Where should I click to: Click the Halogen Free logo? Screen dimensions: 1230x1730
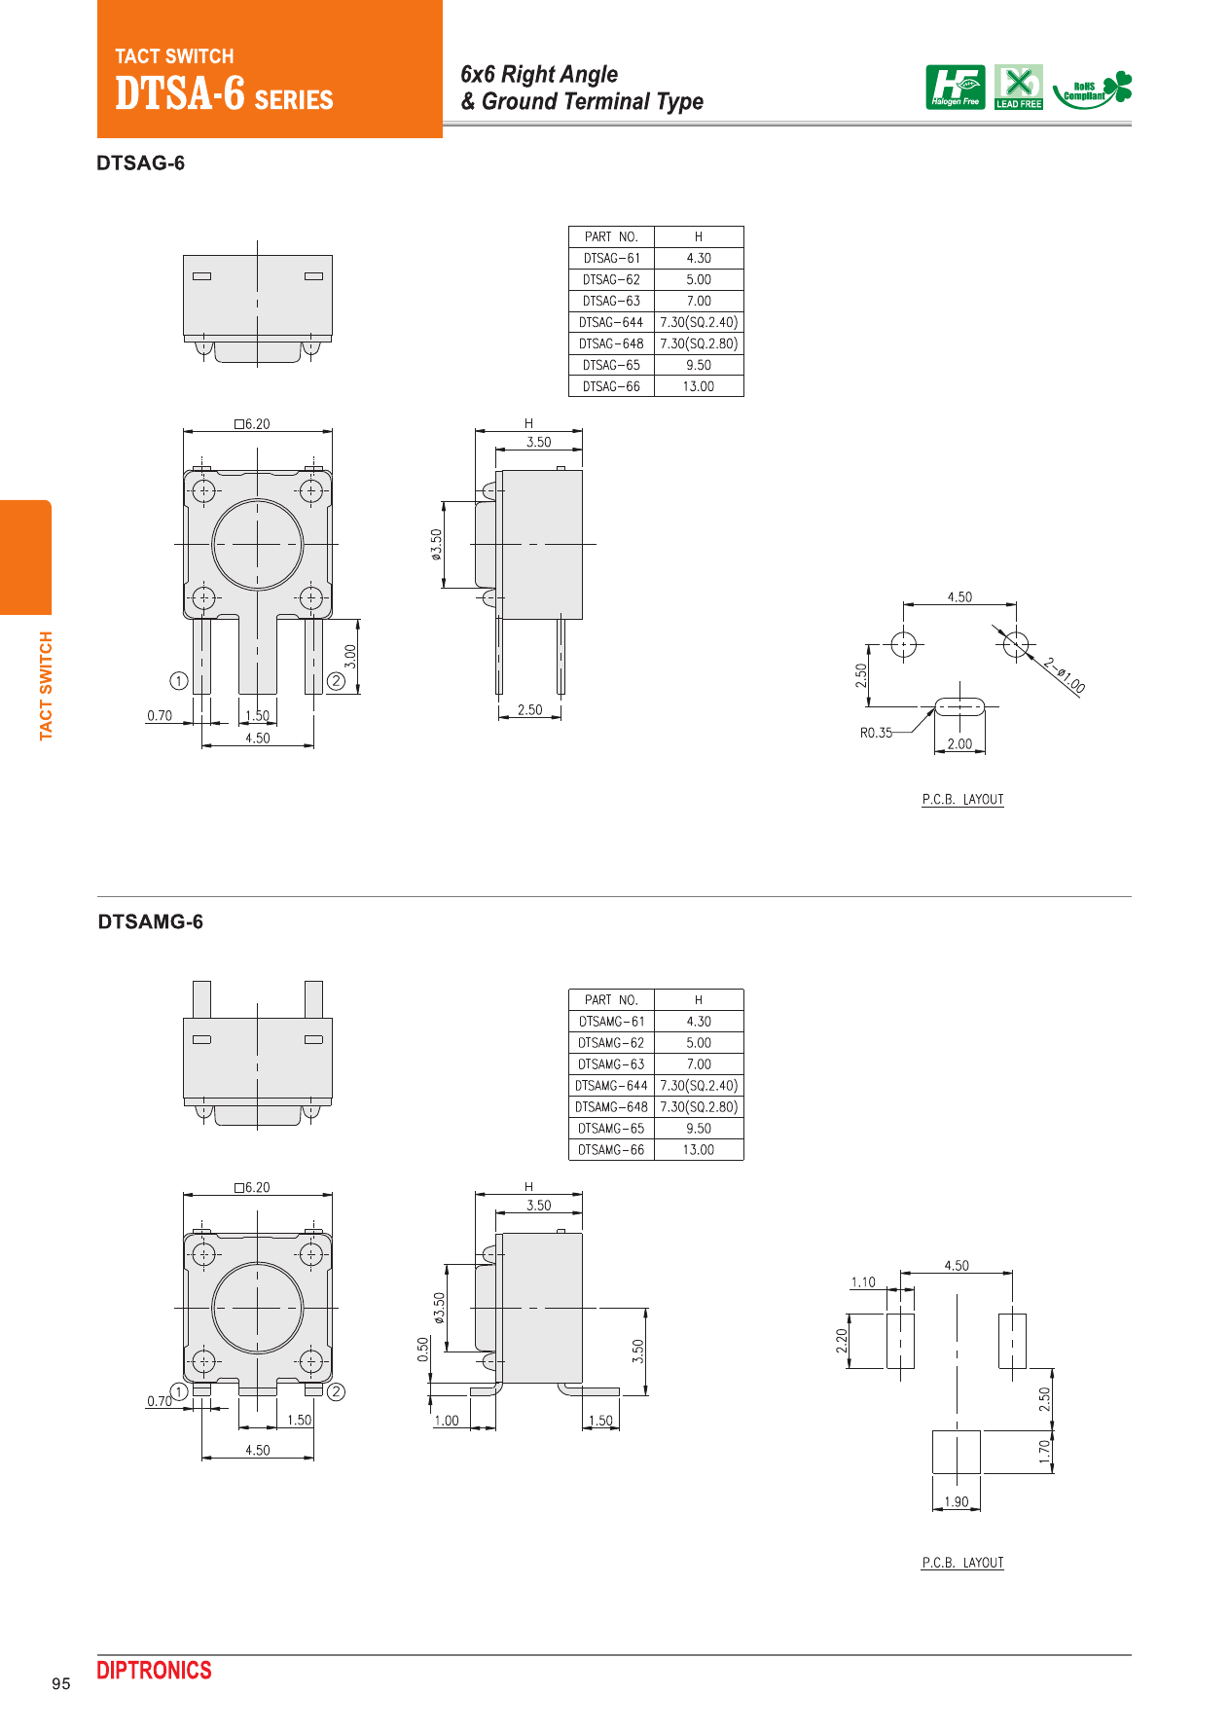pyautogui.click(x=955, y=87)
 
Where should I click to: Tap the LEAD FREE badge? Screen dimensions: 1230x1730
pyautogui.click(x=1018, y=87)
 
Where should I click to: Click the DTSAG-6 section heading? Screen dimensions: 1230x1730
pyautogui.click(x=140, y=163)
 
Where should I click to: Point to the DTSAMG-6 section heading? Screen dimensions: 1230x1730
pyautogui.click(x=150, y=922)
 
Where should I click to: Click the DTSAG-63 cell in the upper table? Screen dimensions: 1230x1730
pyautogui.click(x=611, y=301)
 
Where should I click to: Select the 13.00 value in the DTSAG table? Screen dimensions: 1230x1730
pyautogui.click(x=698, y=386)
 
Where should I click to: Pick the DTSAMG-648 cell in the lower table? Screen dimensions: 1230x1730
pyautogui.click(x=611, y=1106)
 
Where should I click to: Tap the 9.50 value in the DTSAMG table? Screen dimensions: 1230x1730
pyautogui.click(x=698, y=1129)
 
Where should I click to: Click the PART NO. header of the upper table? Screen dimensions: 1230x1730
pyautogui.click(x=611, y=236)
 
